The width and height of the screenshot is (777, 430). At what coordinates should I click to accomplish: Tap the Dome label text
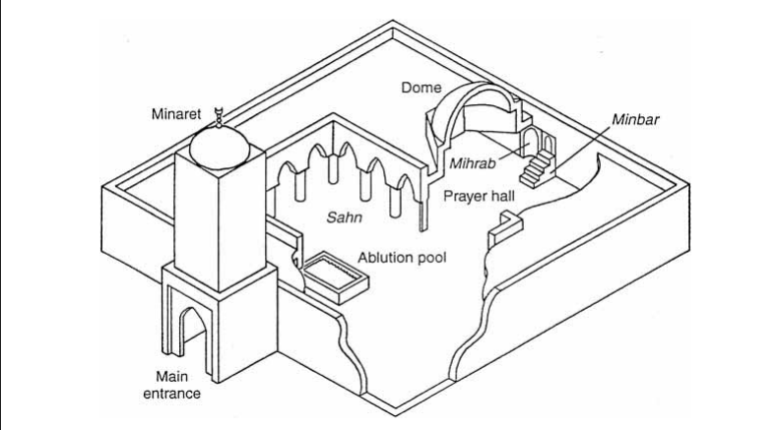click(421, 87)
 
